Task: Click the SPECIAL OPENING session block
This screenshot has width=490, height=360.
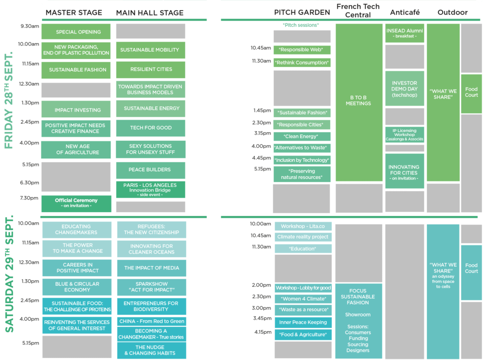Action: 76,32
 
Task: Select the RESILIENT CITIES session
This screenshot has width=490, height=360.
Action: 151,69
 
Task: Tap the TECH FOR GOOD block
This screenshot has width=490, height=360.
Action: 151,128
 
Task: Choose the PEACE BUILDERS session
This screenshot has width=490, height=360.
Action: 151,170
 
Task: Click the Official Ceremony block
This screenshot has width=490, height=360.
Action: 76,203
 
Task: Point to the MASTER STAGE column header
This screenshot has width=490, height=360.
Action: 74,12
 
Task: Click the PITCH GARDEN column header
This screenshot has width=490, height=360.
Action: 302,12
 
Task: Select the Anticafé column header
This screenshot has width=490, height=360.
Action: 405,12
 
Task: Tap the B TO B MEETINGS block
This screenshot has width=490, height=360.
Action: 359,102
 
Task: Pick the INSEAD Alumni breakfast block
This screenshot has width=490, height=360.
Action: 405,33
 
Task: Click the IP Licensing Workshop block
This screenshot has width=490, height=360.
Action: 405,135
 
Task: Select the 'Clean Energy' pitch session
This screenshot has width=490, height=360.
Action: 302,136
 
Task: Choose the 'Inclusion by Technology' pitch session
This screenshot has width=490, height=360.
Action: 302,160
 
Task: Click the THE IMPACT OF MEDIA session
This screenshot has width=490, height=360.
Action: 152,268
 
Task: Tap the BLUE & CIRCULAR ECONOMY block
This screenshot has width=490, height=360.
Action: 77,287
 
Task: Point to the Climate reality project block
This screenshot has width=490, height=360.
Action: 303,237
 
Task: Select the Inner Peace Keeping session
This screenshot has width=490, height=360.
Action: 303,323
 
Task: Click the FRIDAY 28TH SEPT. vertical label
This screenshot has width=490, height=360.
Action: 9,100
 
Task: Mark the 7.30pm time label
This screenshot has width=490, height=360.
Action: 29,198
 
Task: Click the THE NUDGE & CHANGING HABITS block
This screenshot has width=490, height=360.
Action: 152,350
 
